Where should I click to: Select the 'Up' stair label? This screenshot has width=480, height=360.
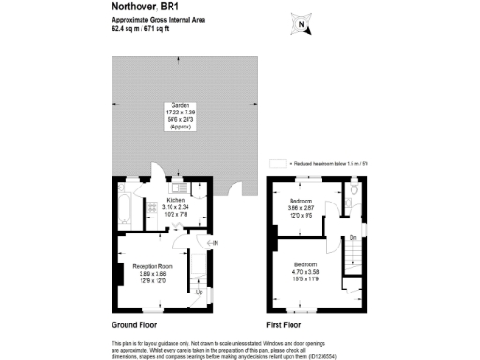[x=198, y=292]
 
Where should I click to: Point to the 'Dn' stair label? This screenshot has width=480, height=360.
[x=353, y=238]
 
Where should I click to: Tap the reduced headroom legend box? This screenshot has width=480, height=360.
[x=276, y=162]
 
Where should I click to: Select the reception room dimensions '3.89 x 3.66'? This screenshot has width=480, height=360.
[x=154, y=273]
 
